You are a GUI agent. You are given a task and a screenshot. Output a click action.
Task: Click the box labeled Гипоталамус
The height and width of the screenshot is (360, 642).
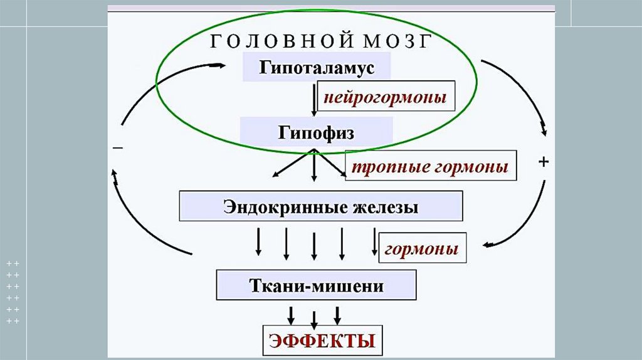coord(317,66)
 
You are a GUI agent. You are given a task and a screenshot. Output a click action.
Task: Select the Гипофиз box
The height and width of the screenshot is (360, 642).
coord(317,133)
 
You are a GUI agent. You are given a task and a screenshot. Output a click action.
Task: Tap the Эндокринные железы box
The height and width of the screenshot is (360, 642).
coord(321,206)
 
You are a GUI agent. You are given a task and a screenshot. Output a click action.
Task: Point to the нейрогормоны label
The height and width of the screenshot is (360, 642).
coord(385,97)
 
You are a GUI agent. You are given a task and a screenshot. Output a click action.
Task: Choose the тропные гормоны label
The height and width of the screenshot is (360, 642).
coord(431,167)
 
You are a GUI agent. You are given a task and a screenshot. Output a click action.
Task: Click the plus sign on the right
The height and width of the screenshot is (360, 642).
coord(544,162)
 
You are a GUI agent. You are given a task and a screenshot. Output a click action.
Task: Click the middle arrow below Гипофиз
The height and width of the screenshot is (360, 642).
coord(314,167)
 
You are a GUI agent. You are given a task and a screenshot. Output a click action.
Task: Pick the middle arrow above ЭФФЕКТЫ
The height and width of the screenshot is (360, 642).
coord(314,315)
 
